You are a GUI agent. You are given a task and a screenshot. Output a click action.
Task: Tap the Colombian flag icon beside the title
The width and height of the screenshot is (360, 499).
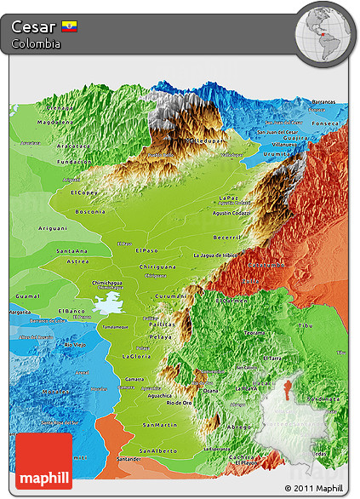tap(69, 28)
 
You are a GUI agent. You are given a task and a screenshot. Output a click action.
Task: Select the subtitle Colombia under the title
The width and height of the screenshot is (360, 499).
tap(36, 44)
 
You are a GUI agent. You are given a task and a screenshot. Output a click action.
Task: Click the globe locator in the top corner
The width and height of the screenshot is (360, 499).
tap(326, 33)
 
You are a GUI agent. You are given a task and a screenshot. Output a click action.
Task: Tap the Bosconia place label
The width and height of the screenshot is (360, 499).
tap(90, 211)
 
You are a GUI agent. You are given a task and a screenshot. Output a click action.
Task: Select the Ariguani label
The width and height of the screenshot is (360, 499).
tap(52, 228)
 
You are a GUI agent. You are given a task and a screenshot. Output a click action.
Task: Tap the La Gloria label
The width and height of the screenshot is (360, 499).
tap(136, 355)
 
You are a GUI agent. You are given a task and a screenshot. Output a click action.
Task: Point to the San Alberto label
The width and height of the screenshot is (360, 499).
tap(159, 450)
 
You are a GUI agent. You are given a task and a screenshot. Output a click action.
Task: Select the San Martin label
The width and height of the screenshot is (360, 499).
tap(160, 424)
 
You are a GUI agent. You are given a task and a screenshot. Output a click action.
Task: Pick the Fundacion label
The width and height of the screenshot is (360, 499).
tap(75, 161)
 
